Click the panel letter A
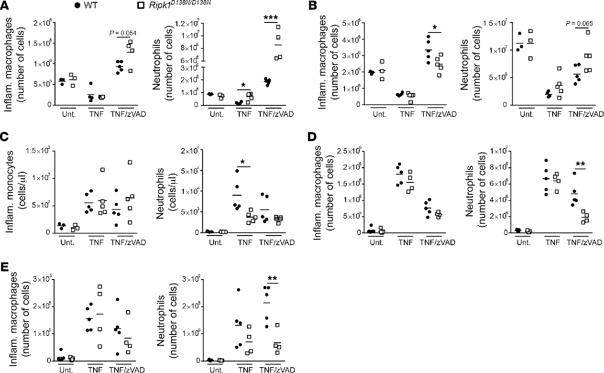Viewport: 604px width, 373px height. coord(5,5)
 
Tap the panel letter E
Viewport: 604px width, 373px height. coord(5,266)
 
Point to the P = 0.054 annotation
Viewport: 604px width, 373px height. coord(123,33)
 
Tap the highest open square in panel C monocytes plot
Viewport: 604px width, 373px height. coord(130,162)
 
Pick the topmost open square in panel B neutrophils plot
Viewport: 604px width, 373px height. coord(588,32)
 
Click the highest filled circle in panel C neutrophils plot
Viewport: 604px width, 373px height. coord(237,171)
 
